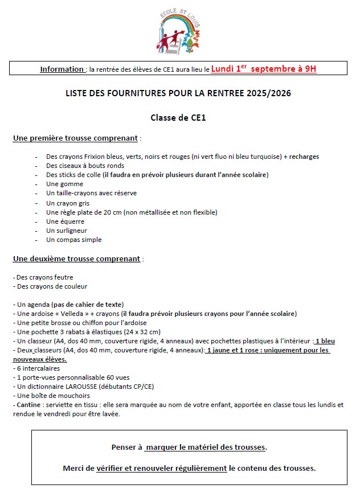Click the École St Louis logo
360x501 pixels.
coord(178,33)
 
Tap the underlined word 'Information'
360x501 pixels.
coord(62,69)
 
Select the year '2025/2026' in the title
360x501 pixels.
coord(267,93)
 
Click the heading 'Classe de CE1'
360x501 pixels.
coord(178,118)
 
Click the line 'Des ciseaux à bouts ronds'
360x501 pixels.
coord(85,166)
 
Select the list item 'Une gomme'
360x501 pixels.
coord(64,184)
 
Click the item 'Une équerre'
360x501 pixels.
coord(65,221)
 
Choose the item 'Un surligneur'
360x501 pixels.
coord(67,231)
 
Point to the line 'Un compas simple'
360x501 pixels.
coord(73,240)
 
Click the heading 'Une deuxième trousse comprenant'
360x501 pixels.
coord(76,258)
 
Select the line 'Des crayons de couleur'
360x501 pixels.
coord(51,286)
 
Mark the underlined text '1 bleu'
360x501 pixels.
coord(325,341)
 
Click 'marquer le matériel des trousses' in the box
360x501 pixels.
coord(205,447)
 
